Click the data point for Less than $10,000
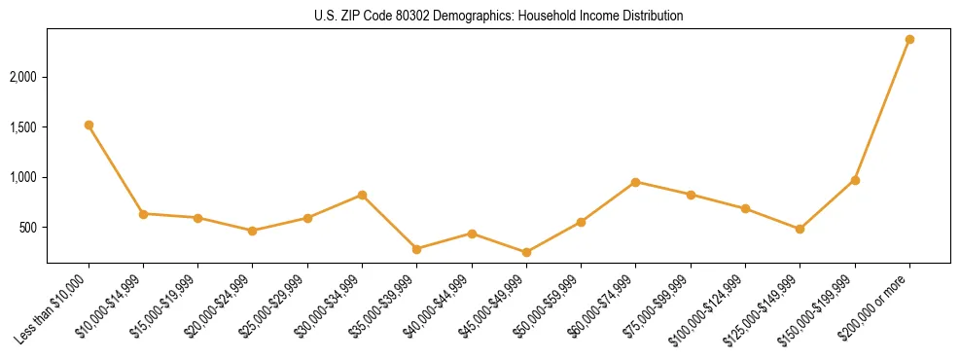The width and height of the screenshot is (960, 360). [x=89, y=125]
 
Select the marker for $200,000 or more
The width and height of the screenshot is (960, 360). [x=909, y=39]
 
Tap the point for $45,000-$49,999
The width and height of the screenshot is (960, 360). [x=526, y=252]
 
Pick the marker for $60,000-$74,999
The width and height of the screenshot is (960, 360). [x=635, y=182]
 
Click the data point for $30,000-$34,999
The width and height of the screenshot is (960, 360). [x=362, y=195]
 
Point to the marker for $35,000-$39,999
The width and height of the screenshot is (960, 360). [x=416, y=249]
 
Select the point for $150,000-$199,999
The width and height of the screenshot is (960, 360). [x=855, y=180]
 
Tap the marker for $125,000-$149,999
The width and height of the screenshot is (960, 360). [x=800, y=229]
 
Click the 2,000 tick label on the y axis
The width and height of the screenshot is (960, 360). [x=24, y=77]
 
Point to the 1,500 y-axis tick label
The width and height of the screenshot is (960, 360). [x=24, y=127]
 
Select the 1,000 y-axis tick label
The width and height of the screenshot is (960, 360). [x=24, y=178]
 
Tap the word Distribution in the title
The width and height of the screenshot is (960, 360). [x=651, y=17]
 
